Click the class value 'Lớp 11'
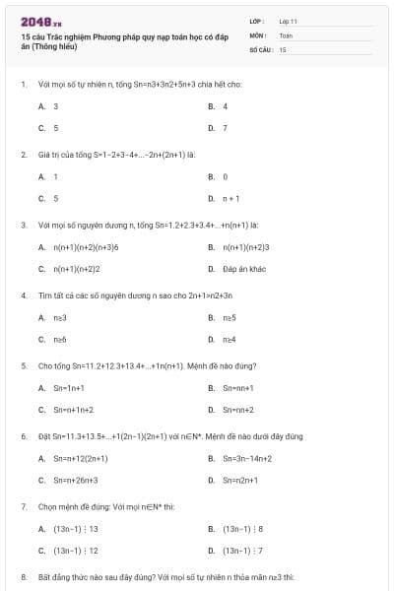(288, 20)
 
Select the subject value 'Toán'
(286, 34)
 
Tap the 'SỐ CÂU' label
(261, 48)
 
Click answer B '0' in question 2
(225, 176)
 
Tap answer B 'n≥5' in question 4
(229, 317)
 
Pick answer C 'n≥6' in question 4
(60, 339)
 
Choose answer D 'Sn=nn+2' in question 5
(238, 410)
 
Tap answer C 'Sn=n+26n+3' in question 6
(76, 480)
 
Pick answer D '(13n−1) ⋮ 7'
(242, 551)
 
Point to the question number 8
(23, 575)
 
